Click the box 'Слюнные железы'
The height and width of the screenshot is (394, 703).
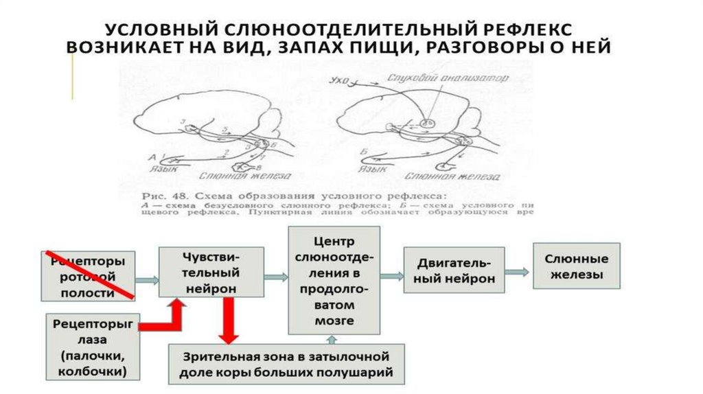[576, 266]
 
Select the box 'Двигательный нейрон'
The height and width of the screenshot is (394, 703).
[453, 271]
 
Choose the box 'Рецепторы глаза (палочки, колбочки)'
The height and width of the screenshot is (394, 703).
[93, 347]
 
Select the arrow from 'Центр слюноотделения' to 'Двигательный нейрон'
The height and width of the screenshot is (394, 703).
[391, 276]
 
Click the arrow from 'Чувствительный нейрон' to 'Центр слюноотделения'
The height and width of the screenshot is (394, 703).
[275, 277]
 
